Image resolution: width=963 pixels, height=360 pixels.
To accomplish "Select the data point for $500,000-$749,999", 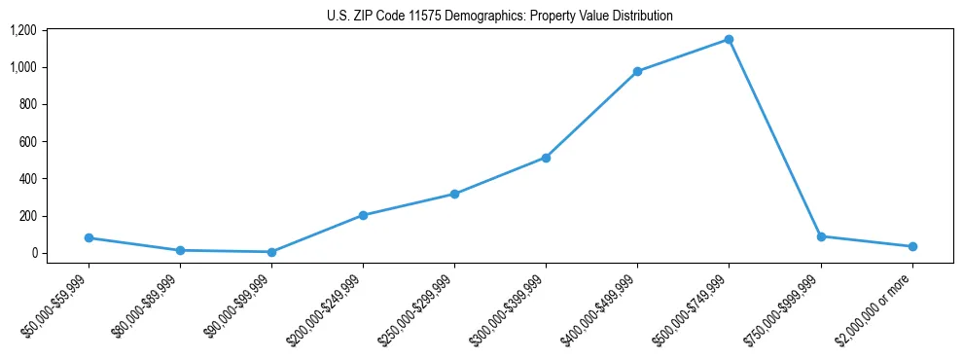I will click(729, 40).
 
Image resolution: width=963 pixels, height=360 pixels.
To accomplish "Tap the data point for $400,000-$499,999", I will click(637, 72).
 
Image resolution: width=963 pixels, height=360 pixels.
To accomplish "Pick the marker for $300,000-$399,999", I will click(546, 158).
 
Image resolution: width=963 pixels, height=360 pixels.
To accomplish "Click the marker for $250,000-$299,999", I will click(454, 194).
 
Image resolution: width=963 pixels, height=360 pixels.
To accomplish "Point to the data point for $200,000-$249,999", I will click(363, 215).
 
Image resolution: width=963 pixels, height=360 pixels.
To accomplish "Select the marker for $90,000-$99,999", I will click(271, 252).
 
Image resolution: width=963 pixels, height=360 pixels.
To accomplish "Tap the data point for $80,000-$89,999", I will click(180, 250).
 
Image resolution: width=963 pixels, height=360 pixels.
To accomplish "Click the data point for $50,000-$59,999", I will click(89, 237).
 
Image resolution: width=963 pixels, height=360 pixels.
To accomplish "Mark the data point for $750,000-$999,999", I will click(821, 236).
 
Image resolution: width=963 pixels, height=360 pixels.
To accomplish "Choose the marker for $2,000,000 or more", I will click(912, 246).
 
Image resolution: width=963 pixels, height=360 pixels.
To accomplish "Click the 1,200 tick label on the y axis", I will click(22, 30).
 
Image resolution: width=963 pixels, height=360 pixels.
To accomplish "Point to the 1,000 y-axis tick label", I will click(22, 67).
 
